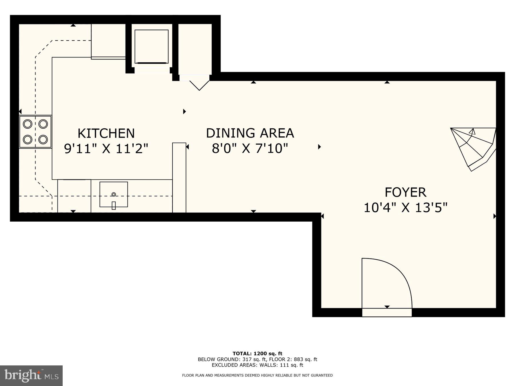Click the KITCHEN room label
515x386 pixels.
pyautogui.click(x=106, y=134)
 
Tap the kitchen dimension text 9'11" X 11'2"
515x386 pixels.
pyautogui.click(x=106, y=149)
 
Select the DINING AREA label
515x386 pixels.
pyautogui.click(x=250, y=133)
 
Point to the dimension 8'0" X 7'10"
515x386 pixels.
pyautogui.click(x=250, y=148)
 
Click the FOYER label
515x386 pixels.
pyautogui.click(x=405, y=192)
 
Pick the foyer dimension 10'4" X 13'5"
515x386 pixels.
pyautogui.click(x=405, y=208)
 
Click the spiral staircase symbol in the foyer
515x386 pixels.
pyautogui.click(x=472, y=149)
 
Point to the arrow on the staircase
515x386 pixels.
pyautogui.click(x=472, y=132)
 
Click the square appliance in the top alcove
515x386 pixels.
pyautogui.click(x=151, y=46)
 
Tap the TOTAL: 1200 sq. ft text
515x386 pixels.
pyautogui.click(x=257, y=354)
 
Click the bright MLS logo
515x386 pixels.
pyautogui.click(x=31, y=375)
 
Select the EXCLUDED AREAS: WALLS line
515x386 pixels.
pyautogui.click(x=257, y=365)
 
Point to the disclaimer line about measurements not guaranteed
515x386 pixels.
pyautogui.click(x=257, y=375)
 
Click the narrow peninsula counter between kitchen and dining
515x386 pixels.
pyautogui.click(x=179, y=177)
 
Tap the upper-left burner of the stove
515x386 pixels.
pyautogui.click(x=27, y=124)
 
